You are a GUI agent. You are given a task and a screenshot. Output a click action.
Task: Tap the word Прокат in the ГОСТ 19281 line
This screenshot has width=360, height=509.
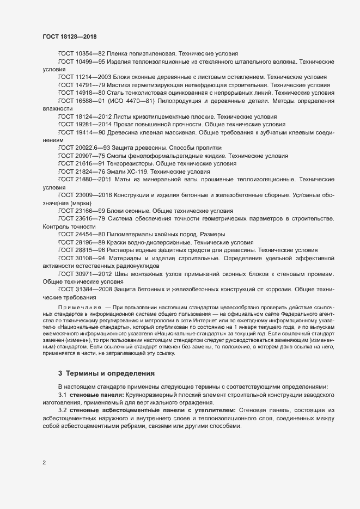(x=129, y=124)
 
